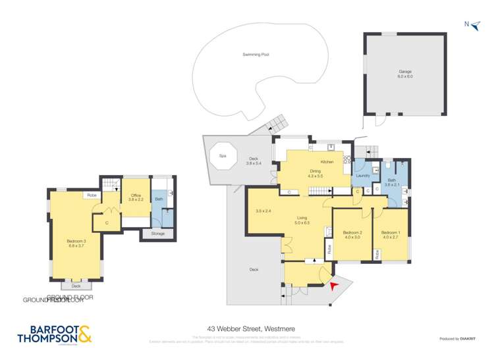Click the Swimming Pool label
(x=256, y=55)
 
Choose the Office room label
(x=136, y=196)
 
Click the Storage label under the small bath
(x=157, y=234)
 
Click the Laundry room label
(x=362, y=176)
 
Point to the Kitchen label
(x=327, y=162)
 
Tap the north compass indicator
(x=470, y=24)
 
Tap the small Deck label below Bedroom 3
(x=76, y=286)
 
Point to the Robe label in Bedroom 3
(x=90, y=195)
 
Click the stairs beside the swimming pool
(x=277, y=122)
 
